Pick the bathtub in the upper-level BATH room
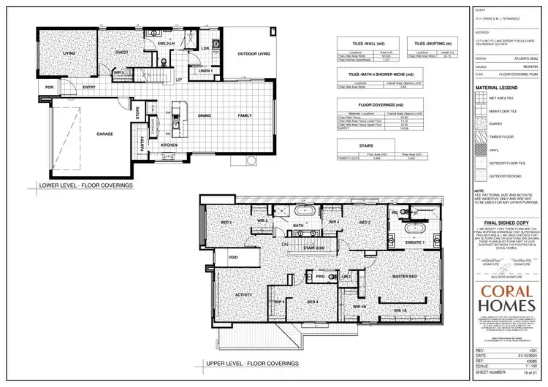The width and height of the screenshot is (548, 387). (x=302, y=212)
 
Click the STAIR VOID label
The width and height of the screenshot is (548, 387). (x=313, y=248)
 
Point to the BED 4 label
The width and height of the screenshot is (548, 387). (x=312, y=302)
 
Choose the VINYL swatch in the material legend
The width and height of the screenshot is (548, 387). (x=482, y=149)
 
